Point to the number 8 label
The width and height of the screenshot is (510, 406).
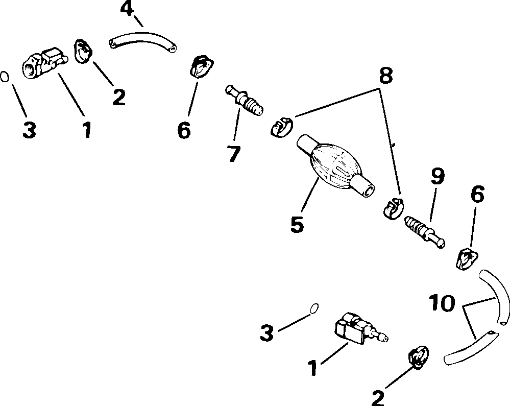point(386,76)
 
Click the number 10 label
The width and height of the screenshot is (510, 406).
point(441,303)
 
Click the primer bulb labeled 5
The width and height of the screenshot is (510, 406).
point(335,166)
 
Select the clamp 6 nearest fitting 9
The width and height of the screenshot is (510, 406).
point(466,258)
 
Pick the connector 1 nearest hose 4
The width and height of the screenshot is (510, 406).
point(43,64)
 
